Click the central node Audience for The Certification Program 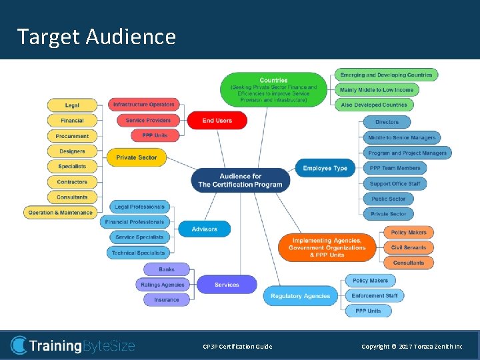(x=240, y=180)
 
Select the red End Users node (x=217, y=120)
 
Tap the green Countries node (x=273, y=89)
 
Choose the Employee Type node (x=325, y=168)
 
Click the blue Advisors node (x=204, y=229)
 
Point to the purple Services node (x=227, y=285)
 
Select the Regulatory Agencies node (x=301, y=296)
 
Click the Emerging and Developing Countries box (x=386, y=75)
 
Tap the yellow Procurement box (x=72, y=136)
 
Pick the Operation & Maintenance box (x=61, y=213)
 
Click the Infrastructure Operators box (x=143, y=105)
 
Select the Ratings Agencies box (x=163, y=285)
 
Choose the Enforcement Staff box (x=375, y=295)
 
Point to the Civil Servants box (x=409, y=247)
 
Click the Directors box (x=387, y=122)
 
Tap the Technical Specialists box (x=138, y=253)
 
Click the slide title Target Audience (x=97, y=36)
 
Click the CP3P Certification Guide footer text (x=237, y=347)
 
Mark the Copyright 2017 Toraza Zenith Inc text (x=411, y=347)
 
